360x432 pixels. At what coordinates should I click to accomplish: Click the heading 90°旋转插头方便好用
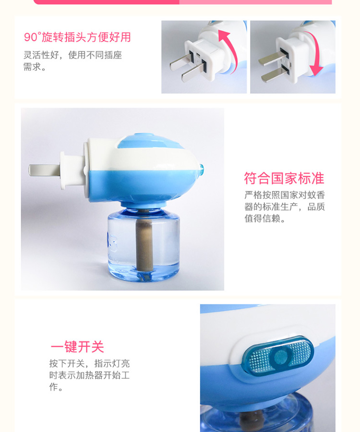tap(77, 37)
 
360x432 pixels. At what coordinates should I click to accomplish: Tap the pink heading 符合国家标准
tap(284, 178)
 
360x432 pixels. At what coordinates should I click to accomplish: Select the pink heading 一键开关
tap(77, 346)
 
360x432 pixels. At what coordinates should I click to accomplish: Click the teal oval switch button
tap(278, 356)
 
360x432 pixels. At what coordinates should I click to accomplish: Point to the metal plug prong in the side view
tap(44, 170)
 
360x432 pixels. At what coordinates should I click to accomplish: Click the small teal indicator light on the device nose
tap(202, 169)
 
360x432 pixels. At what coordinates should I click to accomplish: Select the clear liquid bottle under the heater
tap(144, 245)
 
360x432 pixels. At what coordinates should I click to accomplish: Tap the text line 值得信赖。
tap(265, 219)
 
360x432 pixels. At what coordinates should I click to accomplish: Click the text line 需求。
tap(35, 67)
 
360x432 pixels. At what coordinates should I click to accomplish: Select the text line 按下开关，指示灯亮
tap(89, 363)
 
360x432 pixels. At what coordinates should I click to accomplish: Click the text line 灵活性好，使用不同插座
tap(72, 55)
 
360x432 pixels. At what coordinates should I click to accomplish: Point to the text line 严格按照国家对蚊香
tap(285, 195)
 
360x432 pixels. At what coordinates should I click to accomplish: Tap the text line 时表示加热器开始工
tap(89, 375)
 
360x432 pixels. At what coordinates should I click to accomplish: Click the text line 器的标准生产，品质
tap(285, 207)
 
